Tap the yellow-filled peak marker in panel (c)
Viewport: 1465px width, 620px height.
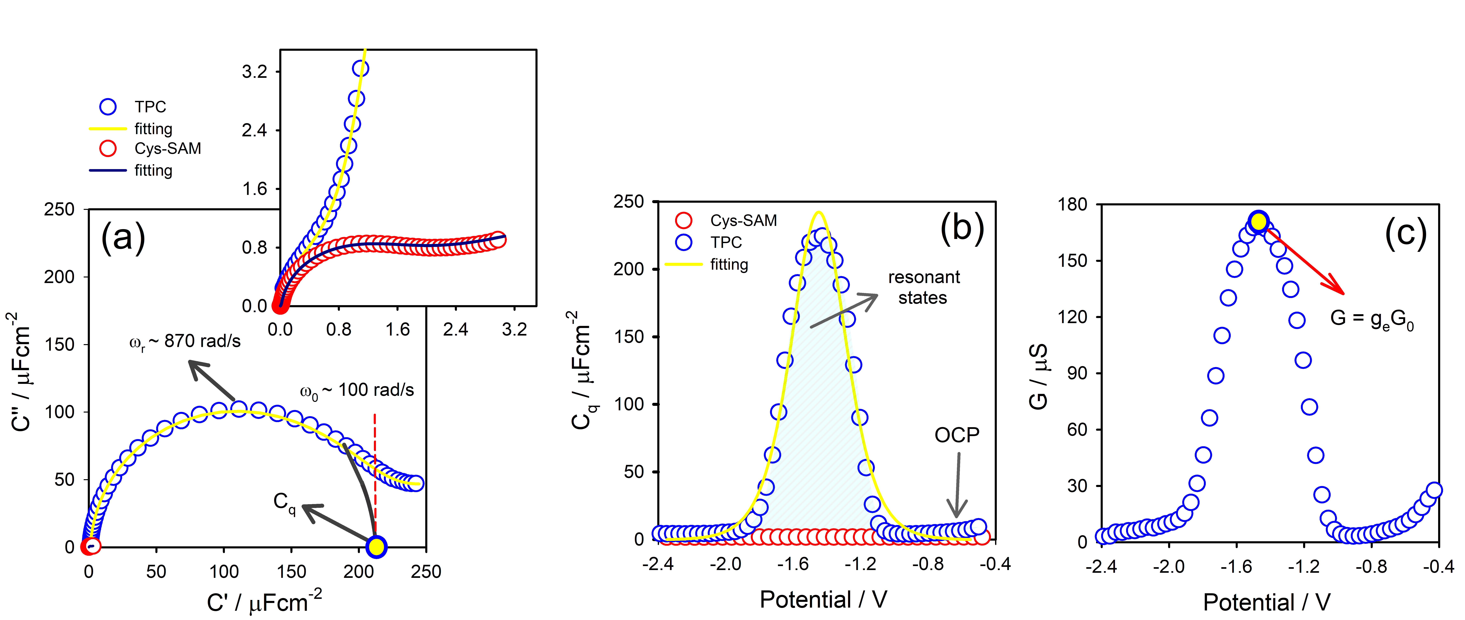click(1259, 221)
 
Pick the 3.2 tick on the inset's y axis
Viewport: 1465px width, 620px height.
click(254, 72)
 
